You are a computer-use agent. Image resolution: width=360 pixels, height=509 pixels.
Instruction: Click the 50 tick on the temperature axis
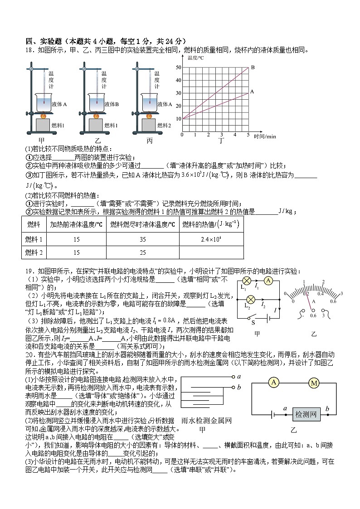coord(178,68)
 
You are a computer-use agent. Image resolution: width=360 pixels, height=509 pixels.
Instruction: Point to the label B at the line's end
coord(253,67)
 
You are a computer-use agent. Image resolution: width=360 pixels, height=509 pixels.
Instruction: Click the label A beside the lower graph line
coord(252,92)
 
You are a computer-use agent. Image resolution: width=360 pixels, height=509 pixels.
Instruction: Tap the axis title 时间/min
coord(265,136)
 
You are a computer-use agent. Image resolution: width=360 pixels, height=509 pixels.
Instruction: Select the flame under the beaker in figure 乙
coord(96,116)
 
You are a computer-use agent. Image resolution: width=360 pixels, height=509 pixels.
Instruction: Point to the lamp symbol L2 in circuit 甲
coord(248,300)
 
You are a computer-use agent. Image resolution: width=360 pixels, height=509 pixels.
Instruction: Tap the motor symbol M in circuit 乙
coord(314,383)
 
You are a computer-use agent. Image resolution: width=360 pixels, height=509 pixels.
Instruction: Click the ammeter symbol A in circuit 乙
coord(273,383)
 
